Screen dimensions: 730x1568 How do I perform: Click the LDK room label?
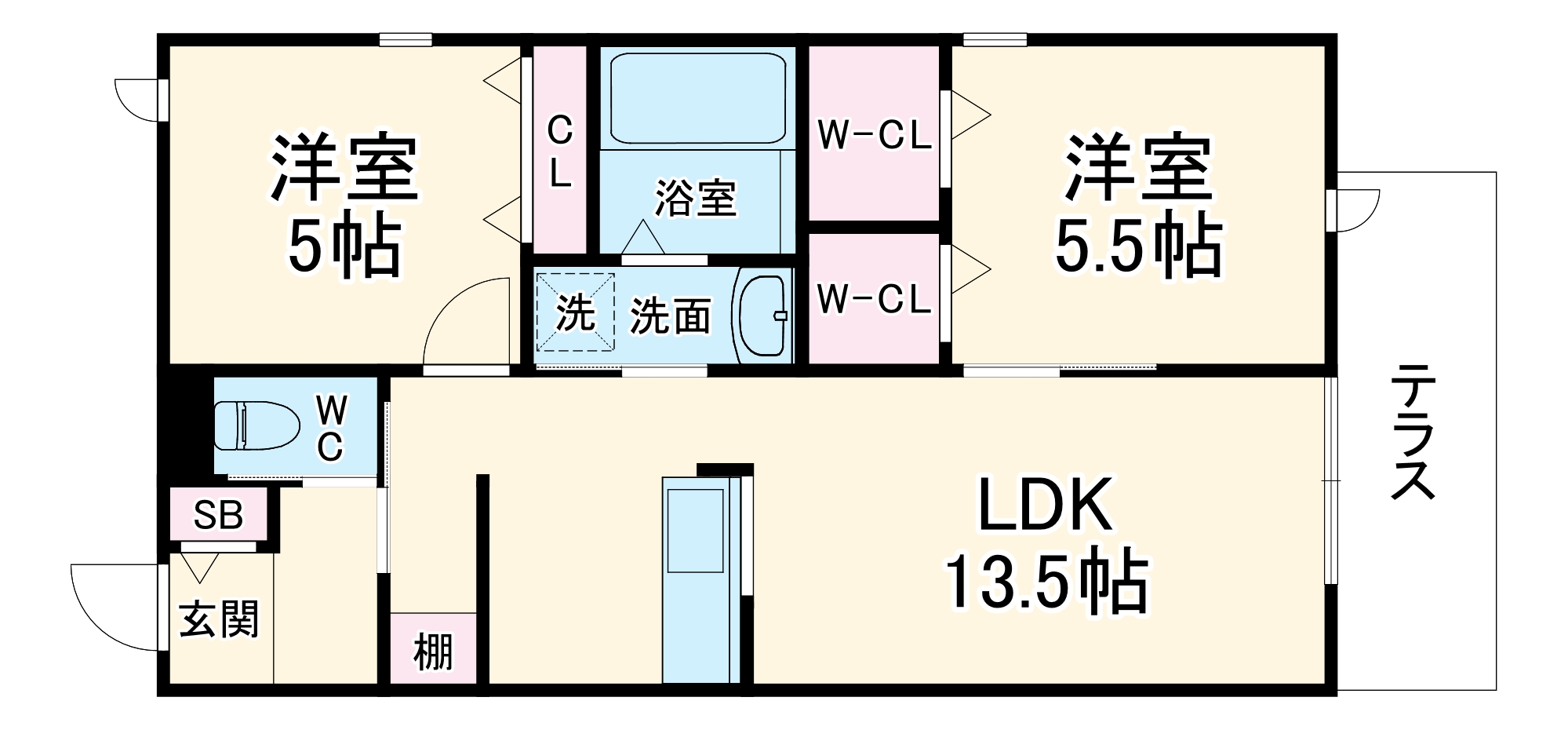1045,506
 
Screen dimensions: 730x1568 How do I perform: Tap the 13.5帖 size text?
1046,583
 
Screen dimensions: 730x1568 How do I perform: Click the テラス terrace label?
1413,433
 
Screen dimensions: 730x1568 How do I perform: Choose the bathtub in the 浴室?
697,97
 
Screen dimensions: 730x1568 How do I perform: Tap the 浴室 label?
696,198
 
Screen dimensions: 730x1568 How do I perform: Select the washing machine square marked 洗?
575,312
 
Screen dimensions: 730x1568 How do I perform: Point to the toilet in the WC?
257,425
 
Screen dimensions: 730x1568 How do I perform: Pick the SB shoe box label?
218,515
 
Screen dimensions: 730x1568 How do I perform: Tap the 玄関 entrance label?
219,619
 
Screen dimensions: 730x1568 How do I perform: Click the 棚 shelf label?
433,652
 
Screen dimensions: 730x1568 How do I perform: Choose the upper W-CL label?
874,135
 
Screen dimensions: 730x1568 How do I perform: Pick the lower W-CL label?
874,299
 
